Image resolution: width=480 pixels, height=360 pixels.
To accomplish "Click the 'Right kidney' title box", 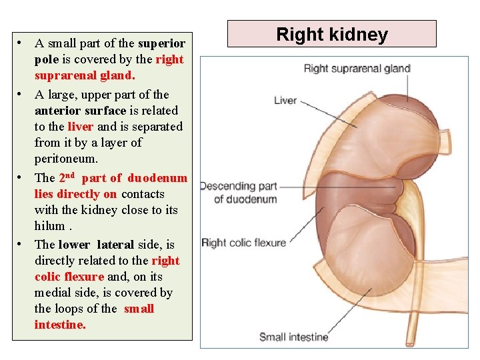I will pos(332,34).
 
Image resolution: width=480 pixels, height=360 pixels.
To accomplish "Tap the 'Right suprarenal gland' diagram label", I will pos(357,68).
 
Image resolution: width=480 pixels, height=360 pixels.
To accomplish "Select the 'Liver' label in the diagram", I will pos(285,100).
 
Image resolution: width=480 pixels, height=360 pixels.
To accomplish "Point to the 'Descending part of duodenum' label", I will pos(239,193).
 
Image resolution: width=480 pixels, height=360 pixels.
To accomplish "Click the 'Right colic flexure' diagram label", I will pos(243,243).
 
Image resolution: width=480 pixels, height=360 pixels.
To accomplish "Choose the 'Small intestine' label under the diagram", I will pos(293,337).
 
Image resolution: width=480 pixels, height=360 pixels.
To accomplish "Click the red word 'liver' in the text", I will pos(84,126).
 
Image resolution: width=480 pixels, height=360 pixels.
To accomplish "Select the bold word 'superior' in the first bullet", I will pos(161,44).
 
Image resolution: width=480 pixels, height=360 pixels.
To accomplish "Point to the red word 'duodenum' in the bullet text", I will pos(157,178).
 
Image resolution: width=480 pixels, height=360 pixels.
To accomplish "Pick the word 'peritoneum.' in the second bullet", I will pos(66,159).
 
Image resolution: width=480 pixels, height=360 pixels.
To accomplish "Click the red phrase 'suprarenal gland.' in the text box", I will pos(85,76).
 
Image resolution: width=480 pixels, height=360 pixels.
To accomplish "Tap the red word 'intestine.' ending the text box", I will pos(60,325).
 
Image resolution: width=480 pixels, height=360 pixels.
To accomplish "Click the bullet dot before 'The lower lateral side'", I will pos(22,243).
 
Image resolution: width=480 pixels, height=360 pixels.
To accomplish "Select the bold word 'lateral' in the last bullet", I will pos(115,245).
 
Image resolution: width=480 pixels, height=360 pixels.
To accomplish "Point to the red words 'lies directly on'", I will pos(75,194).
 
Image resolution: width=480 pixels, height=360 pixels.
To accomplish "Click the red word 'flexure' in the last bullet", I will pos(85,277).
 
